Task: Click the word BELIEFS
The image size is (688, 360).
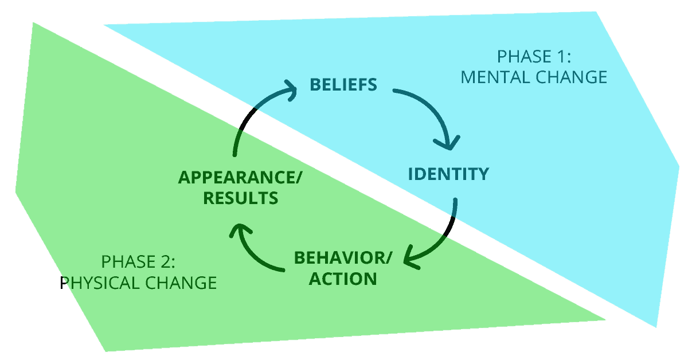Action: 343,85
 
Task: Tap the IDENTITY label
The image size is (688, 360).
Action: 448,174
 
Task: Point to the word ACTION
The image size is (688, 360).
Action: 343,279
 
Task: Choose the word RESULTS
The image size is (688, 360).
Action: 241,198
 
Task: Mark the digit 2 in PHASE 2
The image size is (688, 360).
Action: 166,263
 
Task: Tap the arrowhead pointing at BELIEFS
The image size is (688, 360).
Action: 290,90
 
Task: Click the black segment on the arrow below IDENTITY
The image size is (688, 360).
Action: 451,227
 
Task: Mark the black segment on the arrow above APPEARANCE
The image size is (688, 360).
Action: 245,121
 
